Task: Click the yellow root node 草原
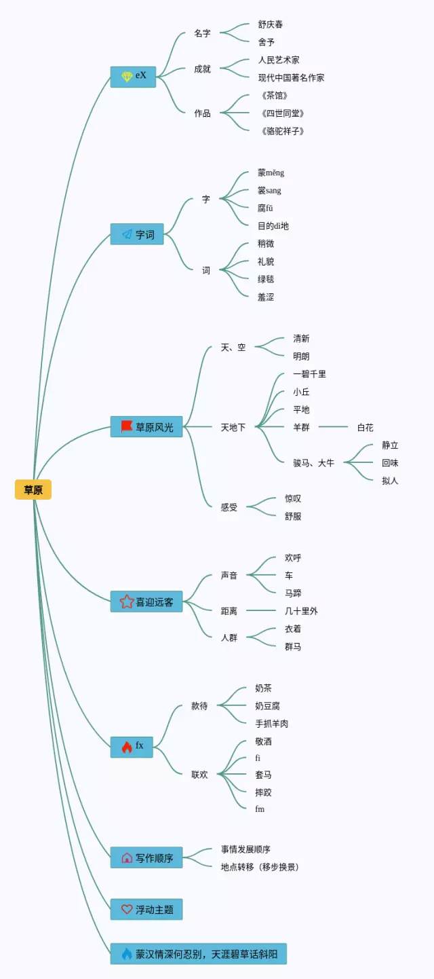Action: [x=33, y=489]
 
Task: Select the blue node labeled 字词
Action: [x=137, y=234]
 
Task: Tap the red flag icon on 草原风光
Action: [x=127, y=426]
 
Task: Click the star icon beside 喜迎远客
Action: [x=127, y=602]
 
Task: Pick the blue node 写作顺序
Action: [x=146, y=857]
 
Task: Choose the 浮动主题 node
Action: [x=146, y=910]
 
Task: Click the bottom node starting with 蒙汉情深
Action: [x=199, y=954]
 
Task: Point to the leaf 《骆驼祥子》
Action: [x=282, y=131]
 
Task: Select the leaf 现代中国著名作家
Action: [x=291, y=78]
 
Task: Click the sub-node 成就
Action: [x=202, y=69]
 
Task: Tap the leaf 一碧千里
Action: [x=309, y=374]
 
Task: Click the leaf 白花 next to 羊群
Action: [x=365, y=428]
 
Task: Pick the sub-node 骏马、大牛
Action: [x=313, y=463]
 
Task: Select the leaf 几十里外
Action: [x=301, y=611]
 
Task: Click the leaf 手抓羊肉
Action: [x=271, y=724]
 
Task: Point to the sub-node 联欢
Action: [x=199, y=775]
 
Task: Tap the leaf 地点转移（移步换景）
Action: [x=260, y=867]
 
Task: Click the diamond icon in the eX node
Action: [x=127, y=77]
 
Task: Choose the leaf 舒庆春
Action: [x=271, y=24]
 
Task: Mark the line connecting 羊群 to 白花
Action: [x=334, y=426]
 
